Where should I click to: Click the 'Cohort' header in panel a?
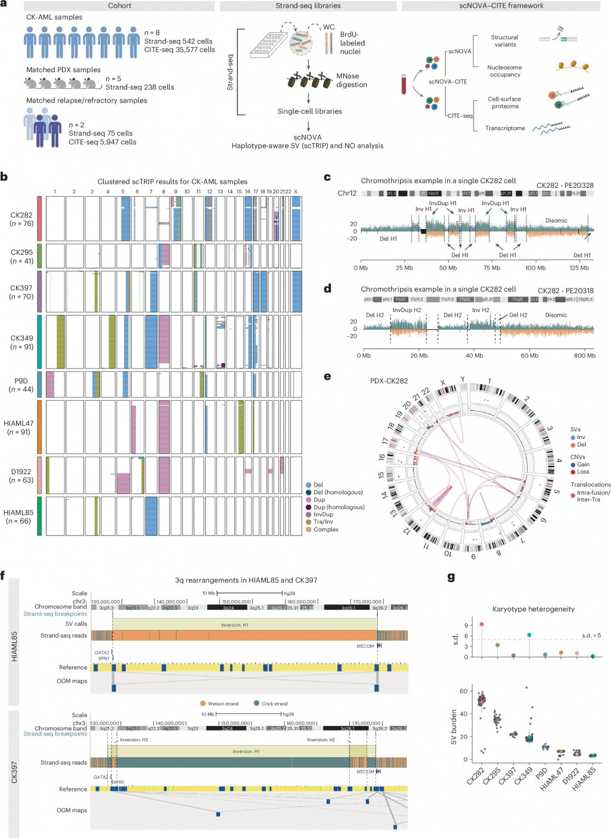pos(119,6)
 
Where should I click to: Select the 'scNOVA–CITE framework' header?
pos(501,6)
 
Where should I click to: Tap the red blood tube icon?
pos(404,84)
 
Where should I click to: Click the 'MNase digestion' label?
pos(351,81)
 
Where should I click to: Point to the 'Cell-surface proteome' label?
pos(504,103)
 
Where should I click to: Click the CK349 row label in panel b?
pos(21,342)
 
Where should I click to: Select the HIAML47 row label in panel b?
pos(18,428)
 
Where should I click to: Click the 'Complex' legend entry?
pos(325,530)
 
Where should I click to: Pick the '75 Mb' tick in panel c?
pos(492,268)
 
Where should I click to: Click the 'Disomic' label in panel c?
pos(556,221)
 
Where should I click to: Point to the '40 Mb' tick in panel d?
pos(474,355)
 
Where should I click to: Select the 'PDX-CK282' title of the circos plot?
pos(389,381)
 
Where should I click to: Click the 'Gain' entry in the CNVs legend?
pos(583,465)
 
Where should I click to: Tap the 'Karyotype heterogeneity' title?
pos(533,609)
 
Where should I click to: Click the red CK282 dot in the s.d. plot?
pos(482,624)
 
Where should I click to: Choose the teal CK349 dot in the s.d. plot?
pos(529,635)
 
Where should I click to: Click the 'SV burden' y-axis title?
pos(454,727)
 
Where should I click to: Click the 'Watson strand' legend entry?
pos(222,704)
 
